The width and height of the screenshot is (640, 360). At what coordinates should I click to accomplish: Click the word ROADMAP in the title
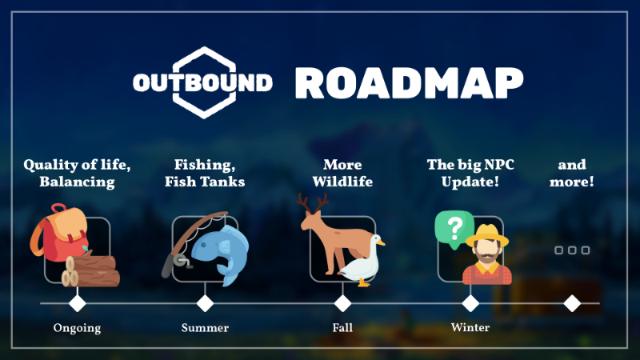(x=409, y=83)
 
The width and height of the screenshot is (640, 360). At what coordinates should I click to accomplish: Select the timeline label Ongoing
(x=77, y=328)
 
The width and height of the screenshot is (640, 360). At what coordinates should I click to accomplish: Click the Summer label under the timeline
(x=205, y=328)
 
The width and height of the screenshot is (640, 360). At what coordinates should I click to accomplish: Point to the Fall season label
(x=342, y=328)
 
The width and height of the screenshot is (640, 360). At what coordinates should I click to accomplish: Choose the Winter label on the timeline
(x=470, y=327)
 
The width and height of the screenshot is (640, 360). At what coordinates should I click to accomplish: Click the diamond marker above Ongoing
(x=77, y=303)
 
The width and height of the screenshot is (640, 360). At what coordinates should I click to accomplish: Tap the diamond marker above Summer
(x=205, y=303)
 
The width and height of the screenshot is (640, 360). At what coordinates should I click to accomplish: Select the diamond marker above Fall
(x=342, y=303)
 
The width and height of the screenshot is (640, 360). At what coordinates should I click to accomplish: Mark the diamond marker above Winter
(x=470, y=303)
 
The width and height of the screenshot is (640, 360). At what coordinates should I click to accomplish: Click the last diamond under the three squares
(x=572, y=303)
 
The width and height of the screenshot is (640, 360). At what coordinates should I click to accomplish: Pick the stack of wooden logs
(x=90, y=270)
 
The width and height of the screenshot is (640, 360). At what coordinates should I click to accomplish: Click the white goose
(x=362, y=263)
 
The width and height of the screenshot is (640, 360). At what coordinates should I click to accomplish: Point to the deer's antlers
(x=313, y=204)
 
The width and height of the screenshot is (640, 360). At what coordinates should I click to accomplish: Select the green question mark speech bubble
(x=454, y=229)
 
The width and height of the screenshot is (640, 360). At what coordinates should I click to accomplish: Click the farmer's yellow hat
(x=488, y=236)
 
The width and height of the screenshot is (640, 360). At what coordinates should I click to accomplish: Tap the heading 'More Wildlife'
(x=342, y=173)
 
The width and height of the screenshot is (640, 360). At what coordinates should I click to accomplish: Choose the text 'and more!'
(x=572, y=173)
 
